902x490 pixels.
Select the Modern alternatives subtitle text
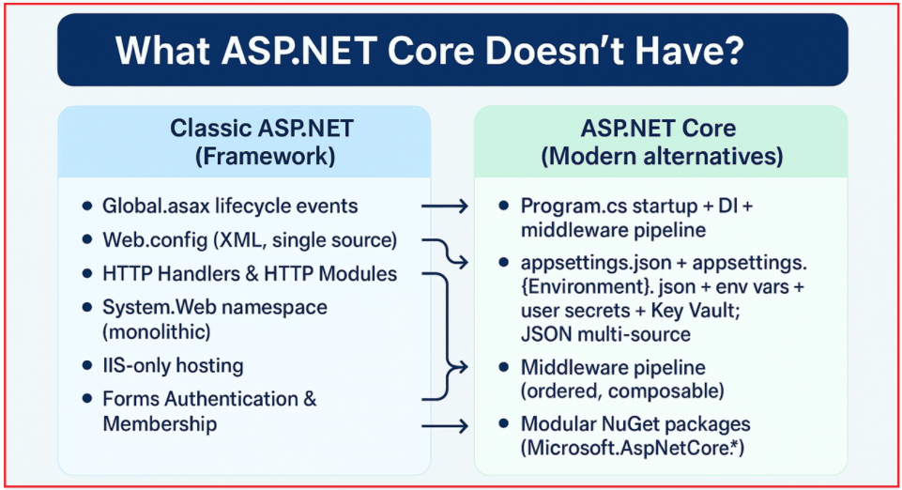click(x=663, y=156)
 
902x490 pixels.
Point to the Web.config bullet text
click(x=249, y=239)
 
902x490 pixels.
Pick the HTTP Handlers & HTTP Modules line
click(x=250, y=274)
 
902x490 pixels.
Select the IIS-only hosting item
click(x=173, y=365)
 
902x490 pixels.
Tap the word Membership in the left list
click(x=160, y=424)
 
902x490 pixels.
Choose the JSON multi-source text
click(x=606, y=334)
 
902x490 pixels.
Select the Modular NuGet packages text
click(x=635, y=424)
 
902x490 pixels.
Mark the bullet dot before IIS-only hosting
click(x=87, y=365)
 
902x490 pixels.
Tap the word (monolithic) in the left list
click(x=157, y=331)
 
